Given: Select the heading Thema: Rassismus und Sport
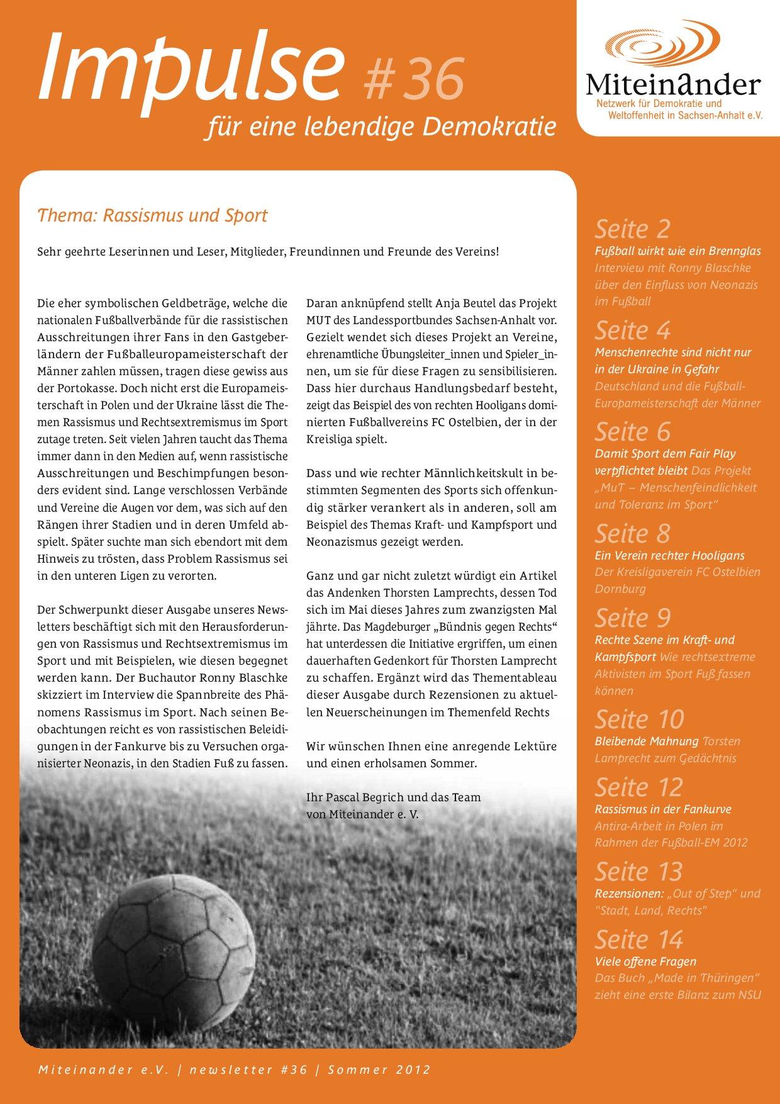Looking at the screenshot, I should (152, 215).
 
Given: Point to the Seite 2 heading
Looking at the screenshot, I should (632, 229).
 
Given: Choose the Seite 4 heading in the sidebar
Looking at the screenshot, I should (632, 330).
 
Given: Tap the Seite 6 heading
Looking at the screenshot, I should (632, 432).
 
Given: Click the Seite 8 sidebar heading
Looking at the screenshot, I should (632, 534).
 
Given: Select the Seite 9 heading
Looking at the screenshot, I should (632, 618).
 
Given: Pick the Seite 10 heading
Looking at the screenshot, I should (639, 719).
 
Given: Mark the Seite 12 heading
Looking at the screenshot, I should (638, 787).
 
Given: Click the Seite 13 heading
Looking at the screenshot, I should (638, 872).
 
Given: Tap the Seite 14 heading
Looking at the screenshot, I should (638, 940).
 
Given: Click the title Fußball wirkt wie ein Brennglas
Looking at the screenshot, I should (677, 251).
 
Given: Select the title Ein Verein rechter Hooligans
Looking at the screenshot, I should (669, 556).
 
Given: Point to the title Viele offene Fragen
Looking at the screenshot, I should (645, 962).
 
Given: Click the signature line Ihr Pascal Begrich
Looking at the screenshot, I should (393, 797).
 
